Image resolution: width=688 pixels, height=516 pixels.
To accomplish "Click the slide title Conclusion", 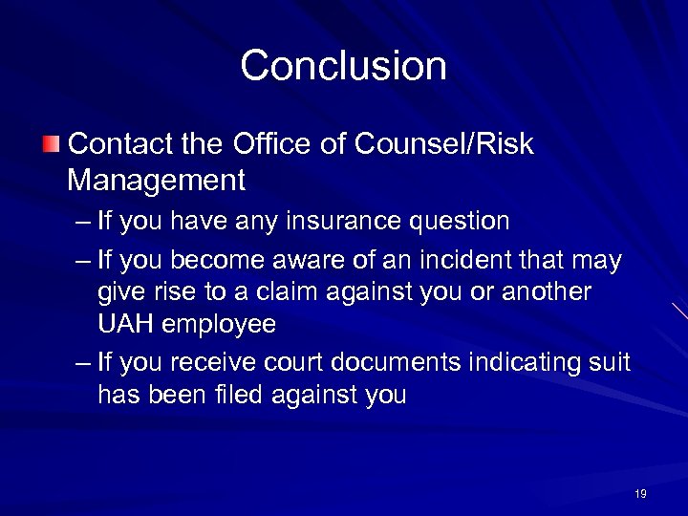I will point(343,66).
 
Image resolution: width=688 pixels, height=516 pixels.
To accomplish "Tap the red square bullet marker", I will point(50,145).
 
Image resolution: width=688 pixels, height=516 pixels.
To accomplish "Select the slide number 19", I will point(640,493).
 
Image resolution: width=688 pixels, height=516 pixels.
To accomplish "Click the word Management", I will point(157,179).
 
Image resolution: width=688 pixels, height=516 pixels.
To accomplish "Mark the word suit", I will point(612,362).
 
